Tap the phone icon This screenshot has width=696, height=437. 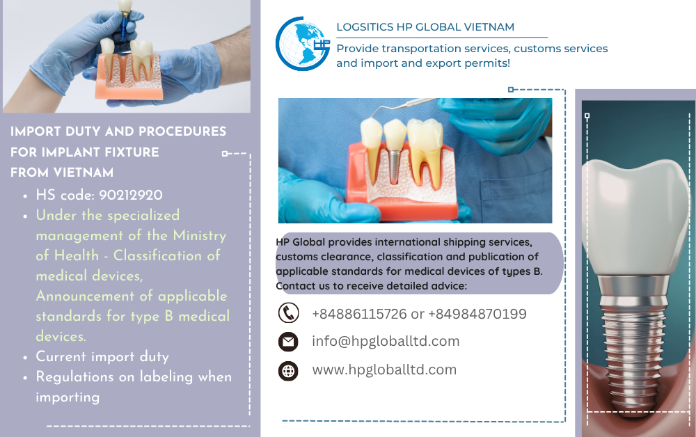pos(288,313)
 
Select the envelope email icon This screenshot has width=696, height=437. pos(288,342)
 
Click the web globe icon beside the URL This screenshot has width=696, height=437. pos(288,370)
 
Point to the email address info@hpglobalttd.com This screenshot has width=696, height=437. pos(386,341)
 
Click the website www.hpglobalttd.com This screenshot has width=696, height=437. pos(384,370)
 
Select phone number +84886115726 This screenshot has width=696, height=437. pos(359,314)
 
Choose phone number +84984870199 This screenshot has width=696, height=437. pos(477,314)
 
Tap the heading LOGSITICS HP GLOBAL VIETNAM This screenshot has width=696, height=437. pos(425,27)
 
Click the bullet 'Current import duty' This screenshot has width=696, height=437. pos(102,357)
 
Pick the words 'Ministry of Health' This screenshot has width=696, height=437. pos(139,245)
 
